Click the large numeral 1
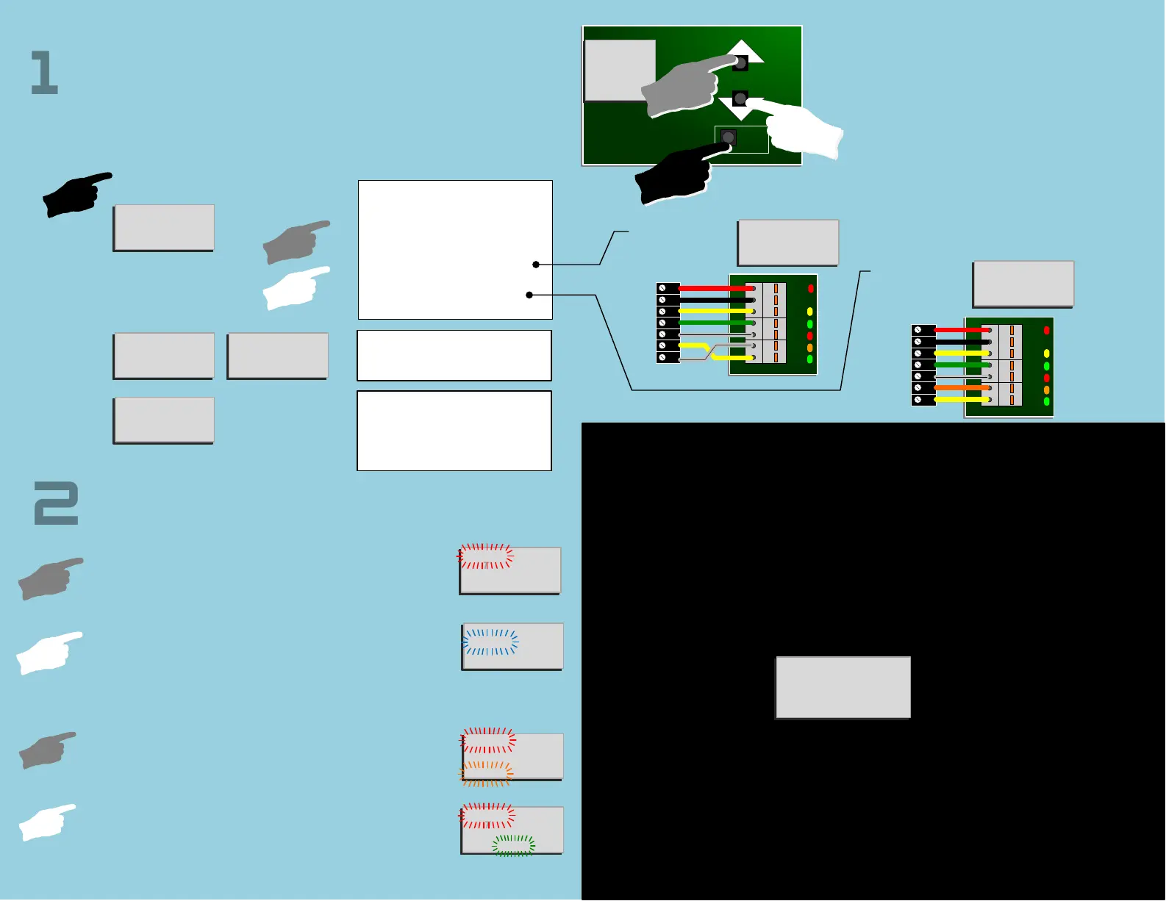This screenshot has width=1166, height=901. [x=44, y=73]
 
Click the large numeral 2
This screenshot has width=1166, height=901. [x=56, y=503]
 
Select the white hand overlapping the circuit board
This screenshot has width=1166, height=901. [x=804, y=131]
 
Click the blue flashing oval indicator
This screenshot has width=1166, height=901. [x=491, y=642]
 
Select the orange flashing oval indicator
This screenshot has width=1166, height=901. [x=486, y=773]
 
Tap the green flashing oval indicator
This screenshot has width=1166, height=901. [x=514, y=845]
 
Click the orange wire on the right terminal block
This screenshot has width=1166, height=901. [x=962, y=387]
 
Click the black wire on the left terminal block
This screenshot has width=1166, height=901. [x=715, y=300]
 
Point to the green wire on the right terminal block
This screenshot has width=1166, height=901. [x=962, y=365]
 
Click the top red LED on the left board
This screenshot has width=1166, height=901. [x=810, y=289]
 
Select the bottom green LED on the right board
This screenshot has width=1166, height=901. [x=1046, y=401]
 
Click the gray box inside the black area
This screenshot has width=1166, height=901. [x=843, y=687]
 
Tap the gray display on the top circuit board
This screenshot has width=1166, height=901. [x=620, y=71]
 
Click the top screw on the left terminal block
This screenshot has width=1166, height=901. [x=662, y=288]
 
